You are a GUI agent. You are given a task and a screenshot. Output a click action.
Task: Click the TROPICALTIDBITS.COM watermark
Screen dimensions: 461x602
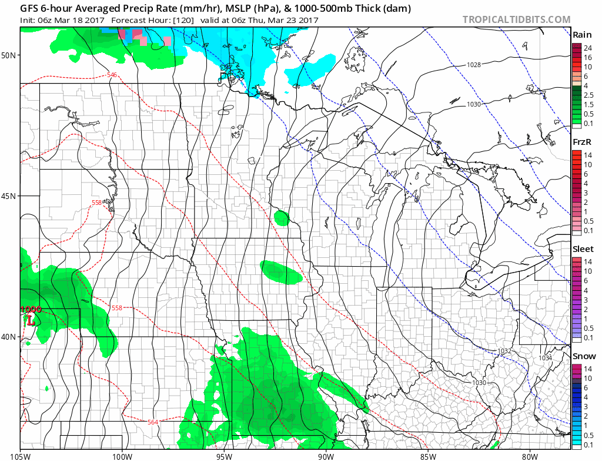(516, 19)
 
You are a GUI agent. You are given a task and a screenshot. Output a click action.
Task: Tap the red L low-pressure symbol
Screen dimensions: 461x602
(30, 321)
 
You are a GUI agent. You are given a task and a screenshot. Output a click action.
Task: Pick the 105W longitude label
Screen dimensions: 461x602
(21, 455)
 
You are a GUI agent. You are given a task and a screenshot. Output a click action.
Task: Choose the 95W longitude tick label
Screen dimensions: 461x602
(223, 455)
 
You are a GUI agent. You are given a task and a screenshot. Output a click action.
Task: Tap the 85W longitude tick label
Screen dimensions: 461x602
(427, 455)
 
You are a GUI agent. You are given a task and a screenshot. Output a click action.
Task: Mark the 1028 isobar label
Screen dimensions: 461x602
(474, 65)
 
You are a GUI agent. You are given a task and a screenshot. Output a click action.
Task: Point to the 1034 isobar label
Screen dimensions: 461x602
(546, 358)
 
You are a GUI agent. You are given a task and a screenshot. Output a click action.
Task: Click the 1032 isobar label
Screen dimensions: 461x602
(504, 351)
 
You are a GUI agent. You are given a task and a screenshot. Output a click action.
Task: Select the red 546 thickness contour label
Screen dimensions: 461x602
(112, 75)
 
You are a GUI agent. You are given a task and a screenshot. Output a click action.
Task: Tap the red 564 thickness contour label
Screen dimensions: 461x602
(153, 422)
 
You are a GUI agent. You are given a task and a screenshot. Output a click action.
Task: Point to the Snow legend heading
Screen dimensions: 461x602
(584, 356)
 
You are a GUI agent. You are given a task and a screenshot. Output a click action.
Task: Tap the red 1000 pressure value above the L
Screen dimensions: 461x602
(30, 309)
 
